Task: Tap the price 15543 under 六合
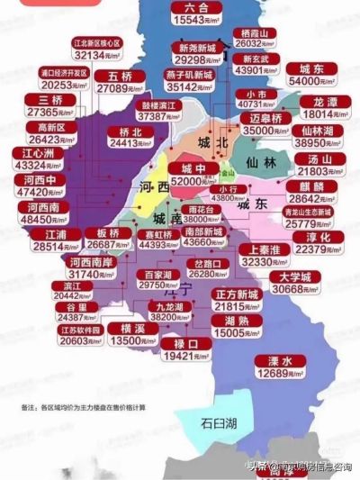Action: pyautogui.click(x=191, y=19)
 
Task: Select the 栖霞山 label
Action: pyautogui.click(x=253, y=31)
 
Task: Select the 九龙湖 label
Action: pyautogui.click(x=166, y=307)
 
